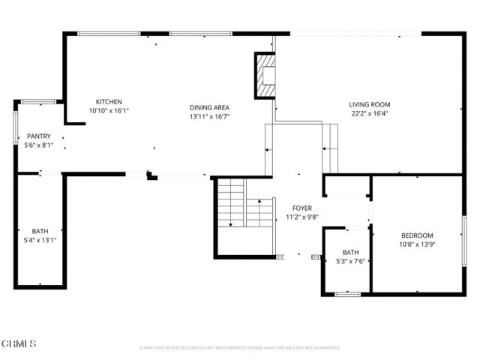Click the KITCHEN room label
pyautogui.click(x=109, y=102)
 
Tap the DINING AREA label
pyautogui.click(x=209, y=107)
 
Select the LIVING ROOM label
pyautogui.click(x=370, y=104)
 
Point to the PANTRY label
pyautogui.click(x=39, y=136)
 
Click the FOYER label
pyautogui.click(x=303, y=208)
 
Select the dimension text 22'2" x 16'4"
pyautogui.click(x=370, y=114)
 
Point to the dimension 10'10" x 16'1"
pyautogui.click(x=109, y=111)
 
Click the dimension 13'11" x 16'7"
pyautogui.click(x=209, y=116)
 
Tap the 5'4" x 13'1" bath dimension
pyautogui.click(x=40, y=240)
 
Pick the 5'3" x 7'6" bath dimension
pyautogui.click(x=351, y=261)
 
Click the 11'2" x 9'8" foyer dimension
pyautogui.click(x=303, y=217)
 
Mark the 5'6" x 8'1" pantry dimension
pyautogui.click(x=39, y=145)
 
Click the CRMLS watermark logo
pyautogui.click(x=18, y=343)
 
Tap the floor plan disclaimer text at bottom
pyautogui.click(x=240, y=348)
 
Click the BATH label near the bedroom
pyautogui.click(x=351, y=252)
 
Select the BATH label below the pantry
pyautogui.click(x=40, y=231)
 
